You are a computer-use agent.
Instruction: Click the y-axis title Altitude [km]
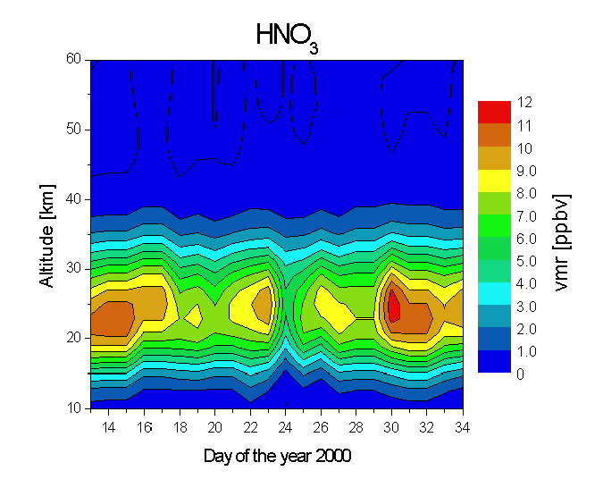[x=46, y=233]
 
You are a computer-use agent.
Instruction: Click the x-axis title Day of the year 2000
[x=277, y=456]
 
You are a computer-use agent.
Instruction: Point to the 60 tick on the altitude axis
[x=73, y=60]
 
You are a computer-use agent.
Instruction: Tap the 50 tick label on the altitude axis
[x=73, y=130]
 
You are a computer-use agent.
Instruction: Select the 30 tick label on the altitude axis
[x=73, y=268]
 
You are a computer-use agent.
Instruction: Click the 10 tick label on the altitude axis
[x=73, y=408]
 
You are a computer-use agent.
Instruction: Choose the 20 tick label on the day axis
[x=214, y=425]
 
